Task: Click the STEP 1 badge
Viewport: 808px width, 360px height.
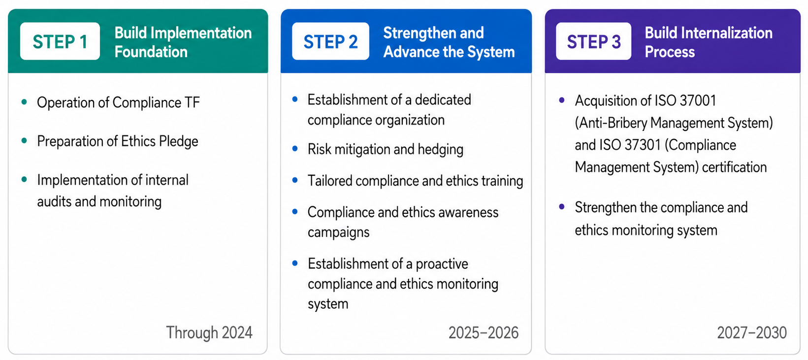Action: (60, 41)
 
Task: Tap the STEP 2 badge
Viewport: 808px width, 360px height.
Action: (330, 41)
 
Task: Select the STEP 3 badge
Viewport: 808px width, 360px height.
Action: (593, 41)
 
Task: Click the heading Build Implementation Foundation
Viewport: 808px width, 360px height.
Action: (183, 42)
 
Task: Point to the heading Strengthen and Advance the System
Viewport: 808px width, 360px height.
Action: (449, 42)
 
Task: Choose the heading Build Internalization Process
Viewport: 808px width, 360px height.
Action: (709, 42)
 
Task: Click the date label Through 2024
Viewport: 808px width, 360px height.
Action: (209, 332)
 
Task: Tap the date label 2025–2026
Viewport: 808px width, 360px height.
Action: (484, 332)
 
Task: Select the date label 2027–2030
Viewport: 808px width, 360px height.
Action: (752, 332)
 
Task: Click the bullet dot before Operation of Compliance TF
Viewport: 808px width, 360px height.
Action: (24, 102)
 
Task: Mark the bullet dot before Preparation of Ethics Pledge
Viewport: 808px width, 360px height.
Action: (24, 141)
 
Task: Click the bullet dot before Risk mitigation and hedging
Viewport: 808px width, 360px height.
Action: (295, 148)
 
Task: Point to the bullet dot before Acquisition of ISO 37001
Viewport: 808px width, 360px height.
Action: (562, 100)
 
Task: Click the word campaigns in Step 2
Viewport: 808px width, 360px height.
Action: (338, 232)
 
